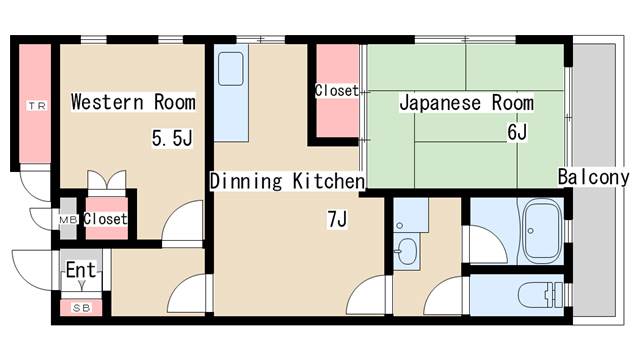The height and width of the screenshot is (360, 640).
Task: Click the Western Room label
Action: point(132,102)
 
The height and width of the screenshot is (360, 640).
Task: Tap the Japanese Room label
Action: point(466,102)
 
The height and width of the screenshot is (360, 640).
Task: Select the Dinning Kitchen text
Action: point(286,181)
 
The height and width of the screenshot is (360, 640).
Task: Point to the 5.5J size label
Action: point(172,139)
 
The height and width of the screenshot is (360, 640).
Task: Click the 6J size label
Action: point(517,131)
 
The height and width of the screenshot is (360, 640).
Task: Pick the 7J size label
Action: point(336,218)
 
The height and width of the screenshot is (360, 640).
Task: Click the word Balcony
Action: point(594,178)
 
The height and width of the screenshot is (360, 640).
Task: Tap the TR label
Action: point(36,105)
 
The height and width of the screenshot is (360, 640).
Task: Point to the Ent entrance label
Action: point(80,270)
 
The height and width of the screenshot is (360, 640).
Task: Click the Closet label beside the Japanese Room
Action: point(336,91)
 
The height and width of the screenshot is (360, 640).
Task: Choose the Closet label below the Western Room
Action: point(105,219)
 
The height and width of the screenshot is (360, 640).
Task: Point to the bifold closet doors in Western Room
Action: point(106,185)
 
